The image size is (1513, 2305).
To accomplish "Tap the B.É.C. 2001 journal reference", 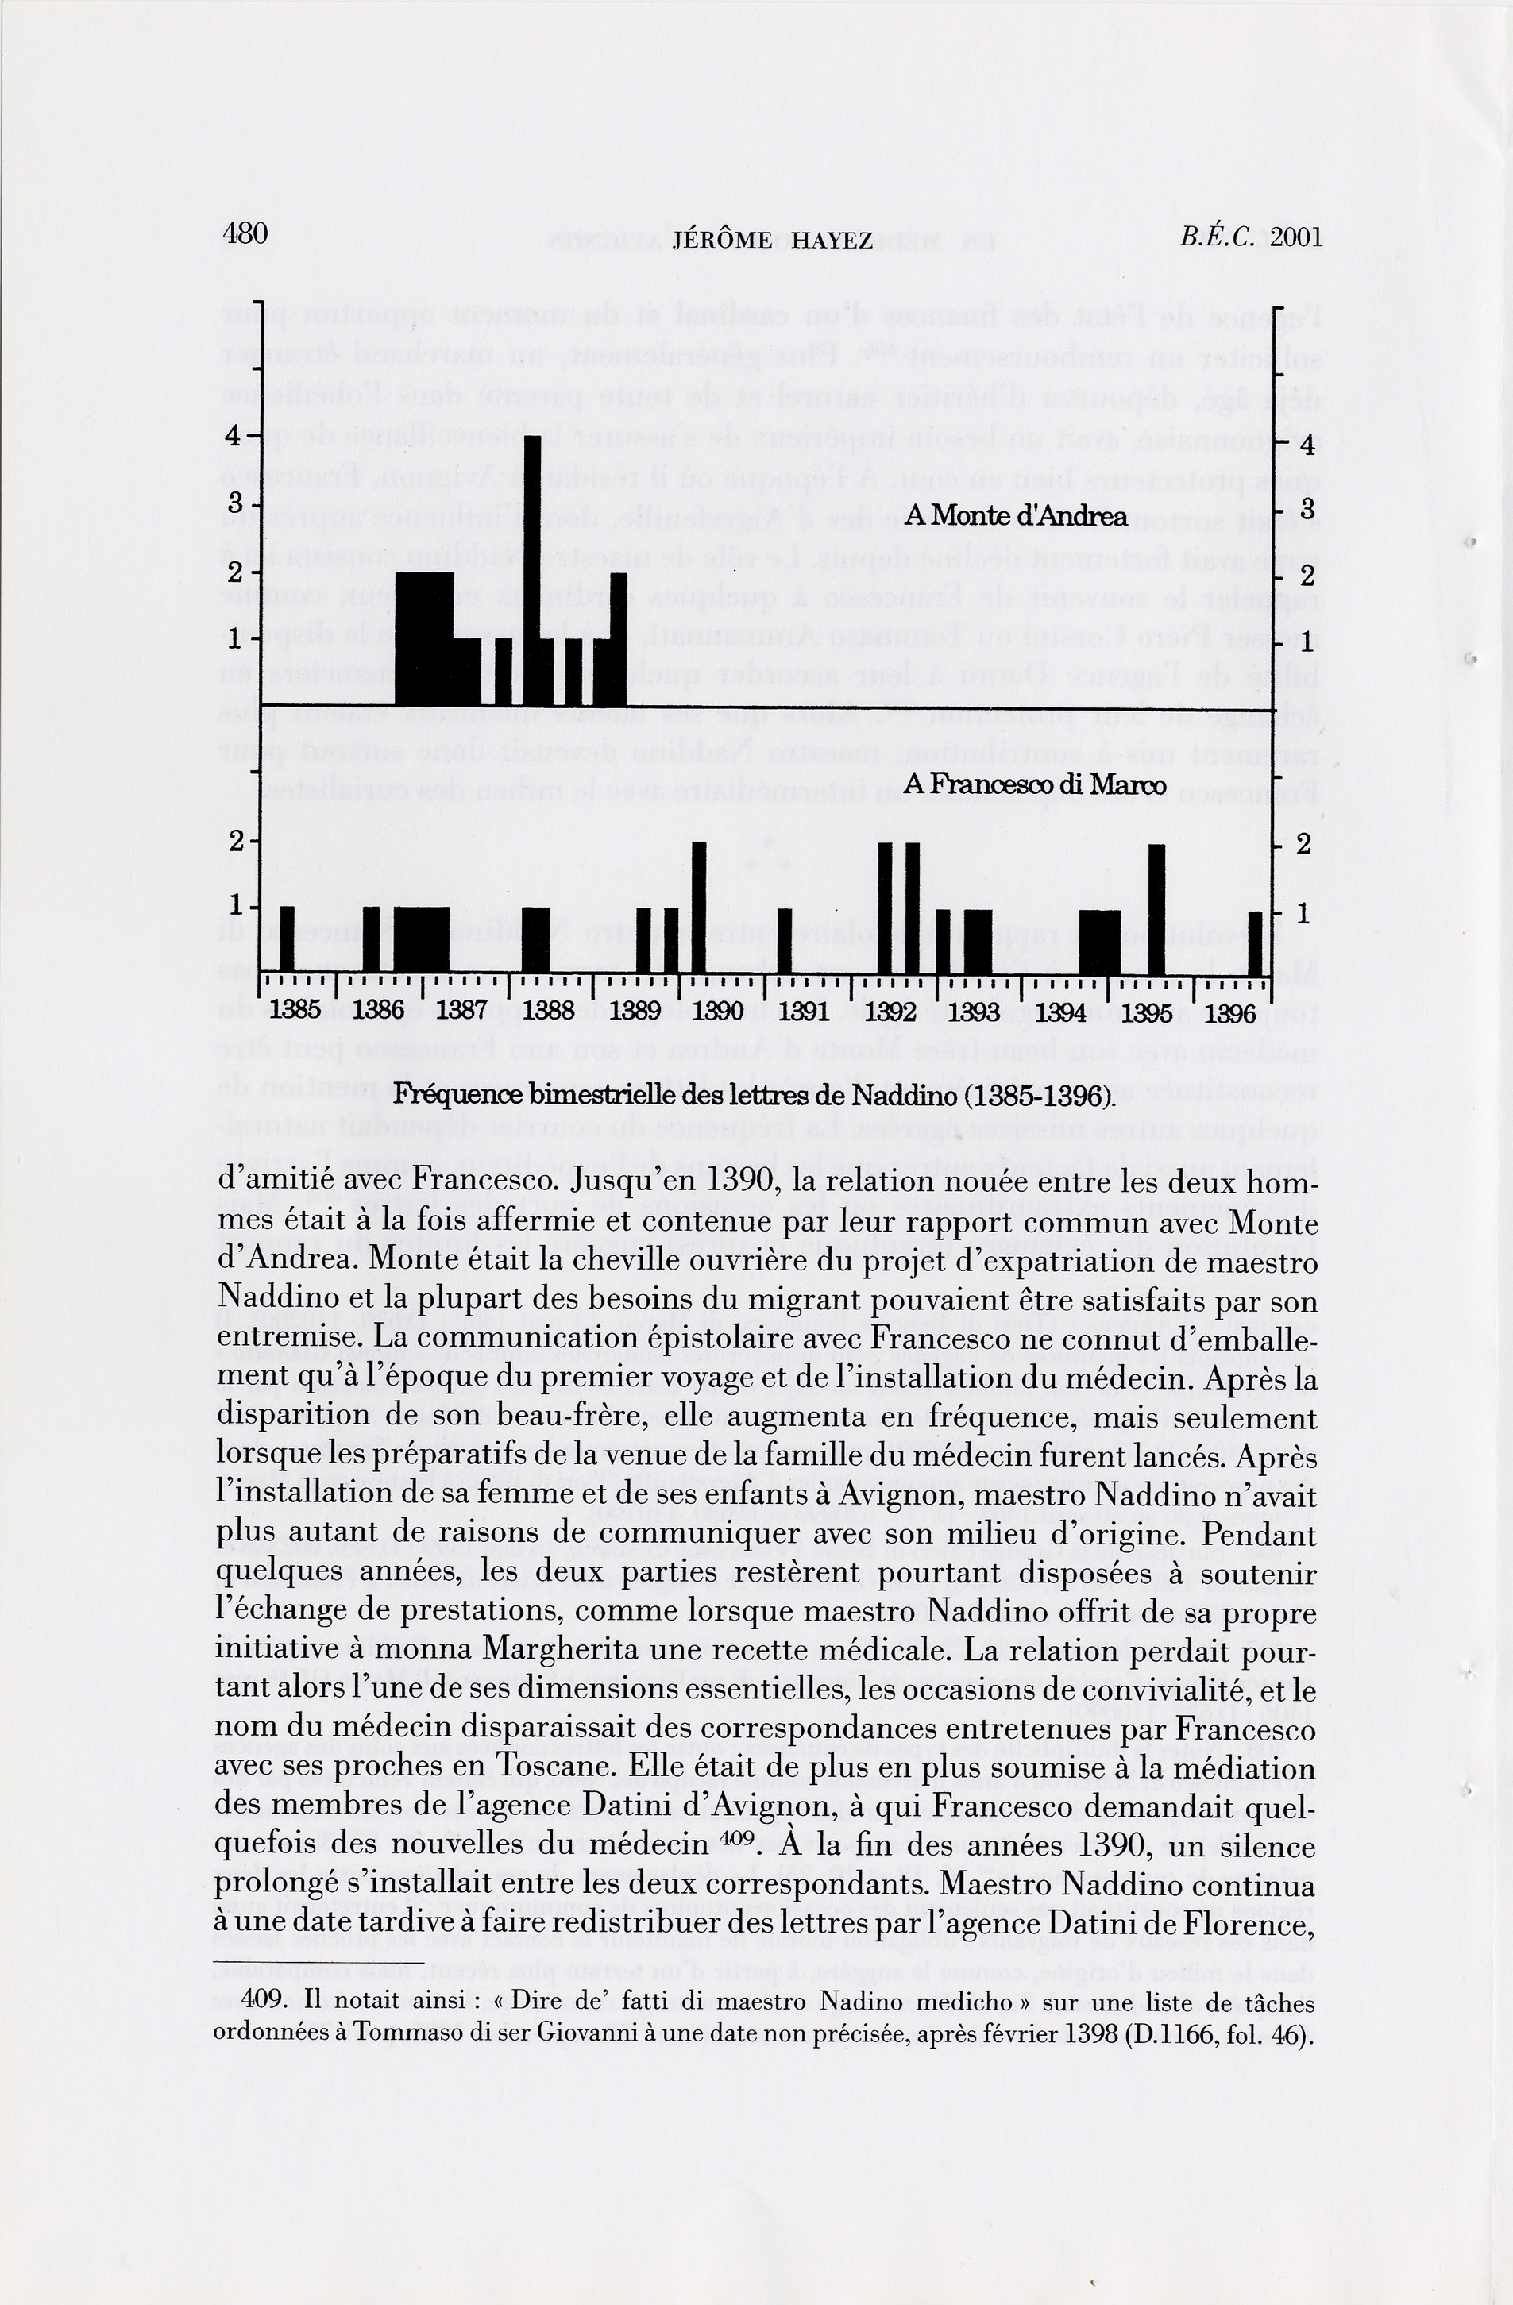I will [1249, 237].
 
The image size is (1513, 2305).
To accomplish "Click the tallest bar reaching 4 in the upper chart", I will [533, 572].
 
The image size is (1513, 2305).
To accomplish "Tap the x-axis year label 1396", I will [1230, 1013].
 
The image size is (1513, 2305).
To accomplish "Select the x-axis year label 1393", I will [974, 1013].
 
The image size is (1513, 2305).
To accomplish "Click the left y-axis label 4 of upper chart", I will [234, 436].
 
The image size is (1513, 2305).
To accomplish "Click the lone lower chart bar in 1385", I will [287, 939].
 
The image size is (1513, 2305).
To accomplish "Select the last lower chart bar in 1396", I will [1256, 943].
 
